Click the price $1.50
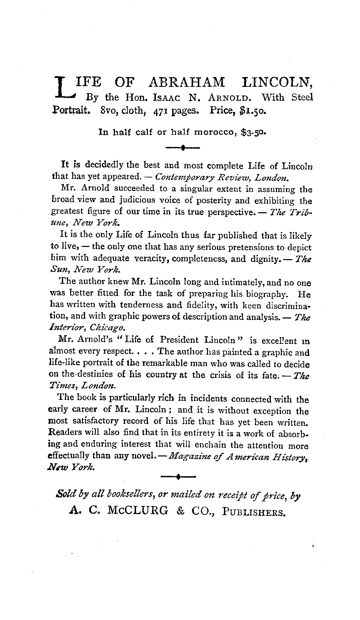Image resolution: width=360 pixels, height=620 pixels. coord(253,111)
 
